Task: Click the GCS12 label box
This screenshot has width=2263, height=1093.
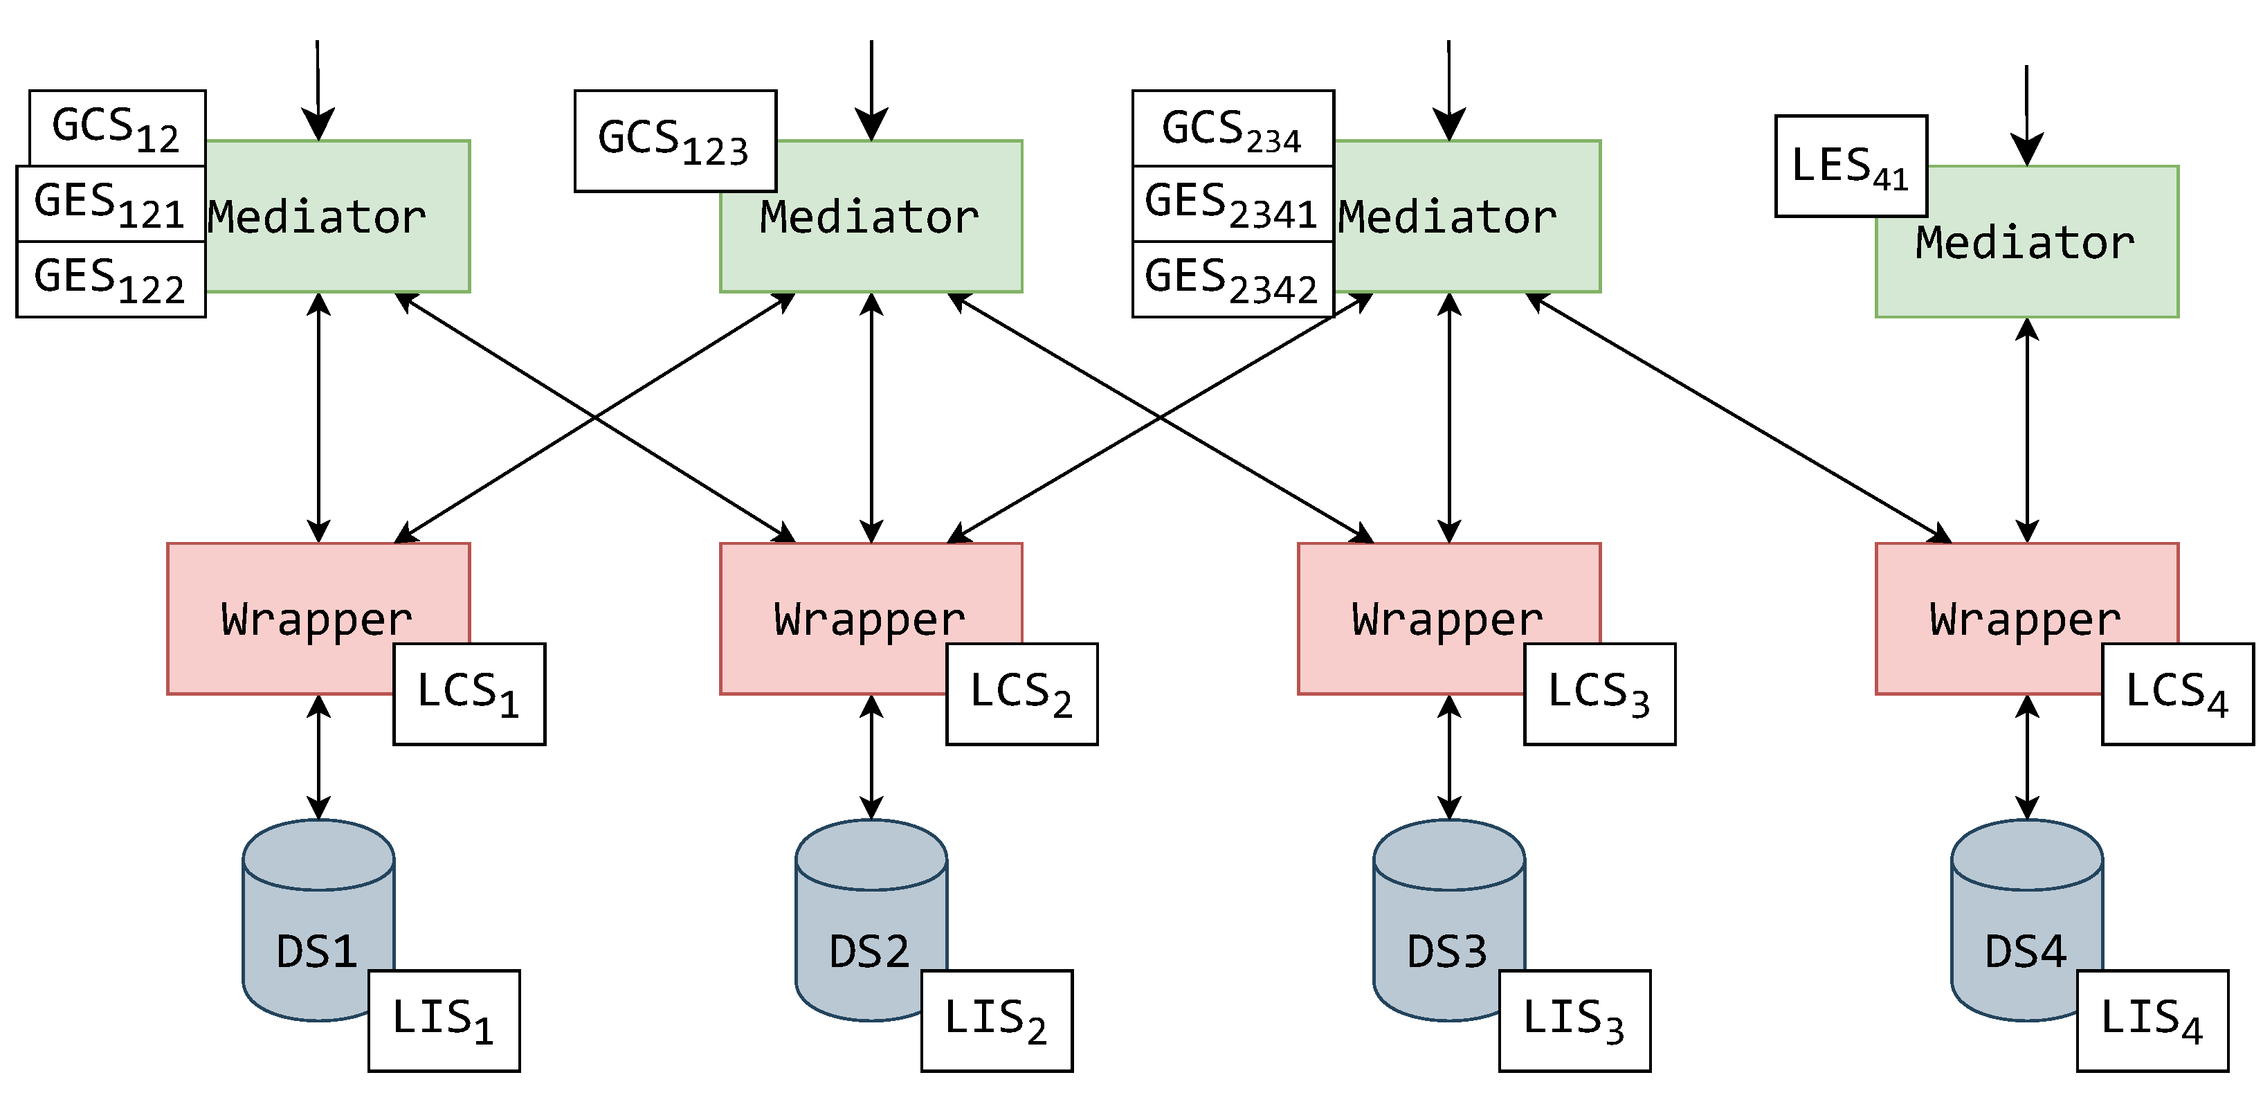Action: point(117,127)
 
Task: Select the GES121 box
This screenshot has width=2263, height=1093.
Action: point(111,204)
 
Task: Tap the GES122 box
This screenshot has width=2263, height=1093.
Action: point(111,280)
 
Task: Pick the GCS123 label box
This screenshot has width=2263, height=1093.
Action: point(675,141)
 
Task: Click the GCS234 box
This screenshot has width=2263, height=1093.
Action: point(1233,128)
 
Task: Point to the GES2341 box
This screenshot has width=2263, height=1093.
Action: point(1233,204)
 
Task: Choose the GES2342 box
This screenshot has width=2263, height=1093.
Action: point(1233,280)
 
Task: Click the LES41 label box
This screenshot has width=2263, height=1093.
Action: point(1851,166)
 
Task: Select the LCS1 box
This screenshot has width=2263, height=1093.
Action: point(469,694)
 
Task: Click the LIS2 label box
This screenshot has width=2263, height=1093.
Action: point(997,1021)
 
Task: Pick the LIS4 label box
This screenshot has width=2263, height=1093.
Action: point(2152,1021)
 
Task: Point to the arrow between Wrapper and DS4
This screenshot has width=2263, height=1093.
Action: point(2027,757)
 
